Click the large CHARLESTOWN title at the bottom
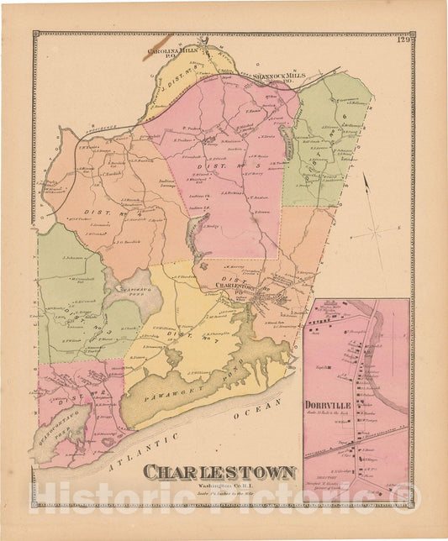point(219,472)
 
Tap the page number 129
point(403,39)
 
